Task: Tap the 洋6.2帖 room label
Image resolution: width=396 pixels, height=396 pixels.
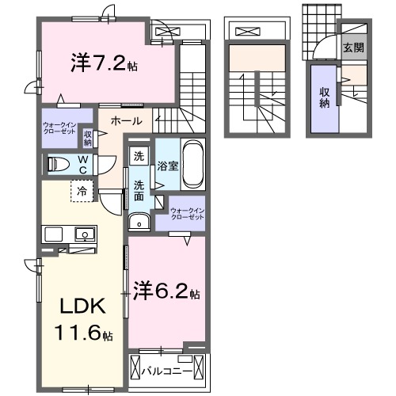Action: point(166,293)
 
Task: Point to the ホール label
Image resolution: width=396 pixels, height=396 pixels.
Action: point(127,122)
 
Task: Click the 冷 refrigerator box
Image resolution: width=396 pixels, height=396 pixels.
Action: point(82,191)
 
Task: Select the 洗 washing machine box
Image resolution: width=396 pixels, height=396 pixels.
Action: point(139,156)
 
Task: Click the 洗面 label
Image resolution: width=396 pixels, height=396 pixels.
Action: point(139,191)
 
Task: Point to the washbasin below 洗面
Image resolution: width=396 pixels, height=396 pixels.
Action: point(140,223)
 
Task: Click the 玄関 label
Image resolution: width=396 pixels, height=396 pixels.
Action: point(353,48)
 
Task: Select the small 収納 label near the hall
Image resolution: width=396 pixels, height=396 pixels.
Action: point(88,138)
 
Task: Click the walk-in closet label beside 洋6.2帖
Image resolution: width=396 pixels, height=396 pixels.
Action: point(188,214)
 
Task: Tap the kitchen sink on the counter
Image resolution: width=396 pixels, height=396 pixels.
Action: point(82,234)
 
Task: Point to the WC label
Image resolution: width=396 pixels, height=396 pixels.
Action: point(82,163)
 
